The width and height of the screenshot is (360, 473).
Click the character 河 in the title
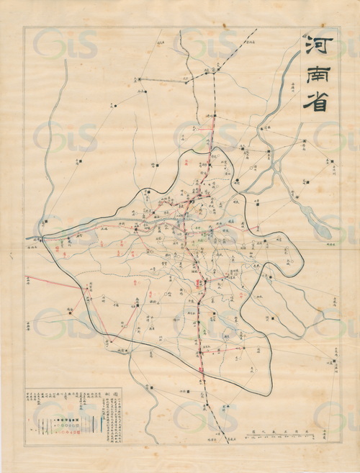(x=315, y=48)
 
